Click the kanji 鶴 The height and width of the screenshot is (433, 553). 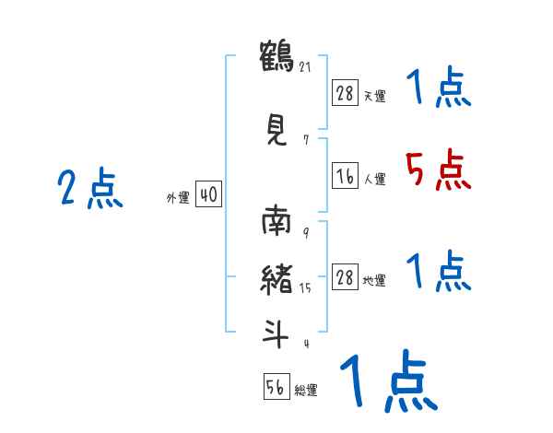[x=276, y=56]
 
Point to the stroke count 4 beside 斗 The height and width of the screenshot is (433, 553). [x=304, y=344]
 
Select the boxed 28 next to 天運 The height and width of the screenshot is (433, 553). [x=345, y=92]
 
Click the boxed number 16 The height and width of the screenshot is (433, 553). [x=345, y=177]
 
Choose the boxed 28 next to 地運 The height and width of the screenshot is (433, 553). [x=345, y=277]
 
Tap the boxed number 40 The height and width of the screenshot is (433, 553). [x=208, y=194]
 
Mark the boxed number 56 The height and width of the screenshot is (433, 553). [x=276, y=387]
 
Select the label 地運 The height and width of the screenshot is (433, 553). [x=374, y=281]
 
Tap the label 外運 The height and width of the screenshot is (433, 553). [x=177, y=197]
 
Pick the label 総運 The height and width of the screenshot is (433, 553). [x=306, y=391]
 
